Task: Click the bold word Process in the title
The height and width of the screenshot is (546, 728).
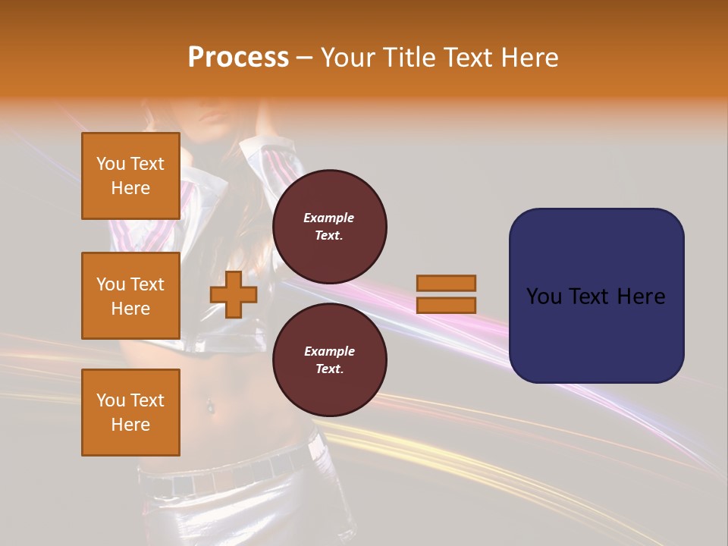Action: point(238,58)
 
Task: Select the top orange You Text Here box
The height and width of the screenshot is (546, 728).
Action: point(130,176)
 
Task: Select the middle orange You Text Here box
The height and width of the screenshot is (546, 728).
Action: point(130,296)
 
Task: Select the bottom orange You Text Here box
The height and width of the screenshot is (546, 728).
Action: point(130,413)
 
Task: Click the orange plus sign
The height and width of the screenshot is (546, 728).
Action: point(233,295)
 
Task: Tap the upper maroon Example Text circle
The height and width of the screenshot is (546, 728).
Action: point(329,227)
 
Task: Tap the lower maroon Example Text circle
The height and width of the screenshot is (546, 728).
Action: point(329,360)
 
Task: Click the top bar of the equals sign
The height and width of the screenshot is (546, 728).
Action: point(446,284)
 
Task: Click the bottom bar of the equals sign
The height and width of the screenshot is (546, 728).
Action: point(446,305)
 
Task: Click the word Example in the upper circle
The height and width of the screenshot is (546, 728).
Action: point(329,218)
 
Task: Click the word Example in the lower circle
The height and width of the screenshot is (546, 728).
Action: point(329,351)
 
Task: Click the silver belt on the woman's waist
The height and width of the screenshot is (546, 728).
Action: point(227,474)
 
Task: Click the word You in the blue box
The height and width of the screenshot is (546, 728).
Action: point(543,297)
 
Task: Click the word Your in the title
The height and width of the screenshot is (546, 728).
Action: point(348,58)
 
